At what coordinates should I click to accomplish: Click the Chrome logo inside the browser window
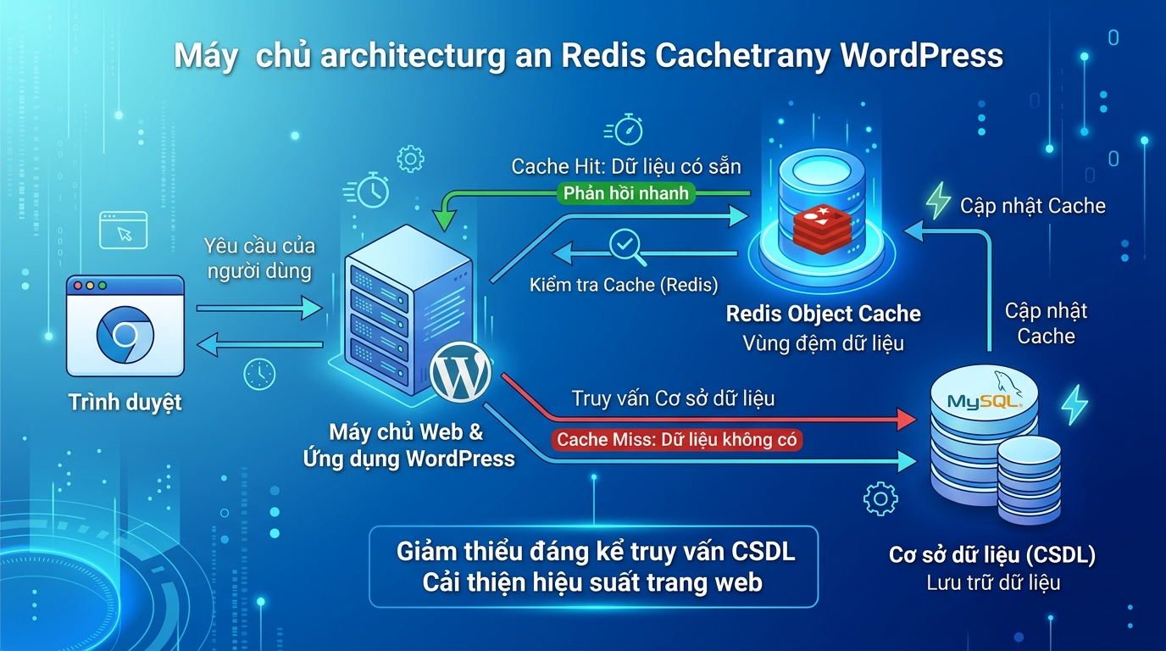pyautogui.click(x=125, y=335)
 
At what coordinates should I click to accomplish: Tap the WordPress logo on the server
pyautogui.click(x=460, y=374)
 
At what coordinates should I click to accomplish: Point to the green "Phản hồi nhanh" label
pyautogui.click(x=626, y=193)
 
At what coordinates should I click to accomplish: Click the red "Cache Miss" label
pyautogui.click(x=678, y=440)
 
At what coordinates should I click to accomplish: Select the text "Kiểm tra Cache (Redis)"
pyautogui.click(x=624, y=285)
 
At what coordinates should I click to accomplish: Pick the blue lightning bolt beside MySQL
pyautogui.click(x=1074, y=404)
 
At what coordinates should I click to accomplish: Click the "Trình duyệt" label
pyautogui.click(x=125, y=402)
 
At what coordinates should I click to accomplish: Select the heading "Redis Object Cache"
pyautogui.click(x=823, y=314)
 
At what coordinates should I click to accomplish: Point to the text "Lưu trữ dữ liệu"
pyautogui.click(x=992, y=582)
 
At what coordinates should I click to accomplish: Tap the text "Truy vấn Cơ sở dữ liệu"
pyautogui.click(x=673, y=398)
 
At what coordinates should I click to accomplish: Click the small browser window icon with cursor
pyautogui.click(x=123, y=230)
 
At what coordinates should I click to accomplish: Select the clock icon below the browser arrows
pyautogui.click(x=259, y=374)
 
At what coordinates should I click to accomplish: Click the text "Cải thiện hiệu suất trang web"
pyautogui.click(x=592, y=582)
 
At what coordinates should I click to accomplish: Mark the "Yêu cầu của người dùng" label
pyautogui.click(x=259, y=259)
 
